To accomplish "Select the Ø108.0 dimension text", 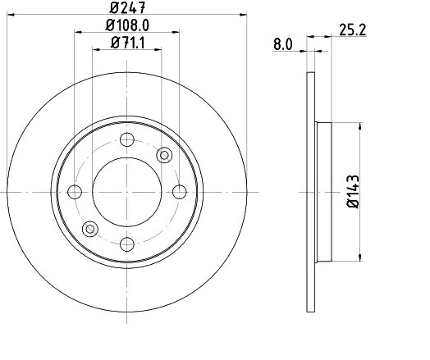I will pyautogui.click(x=126, y=27).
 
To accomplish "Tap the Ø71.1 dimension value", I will pyautogui.click(x=126, y=43).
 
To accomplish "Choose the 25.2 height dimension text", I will pyautogui.click(x=352, y=30).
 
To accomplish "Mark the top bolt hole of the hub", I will pyautogui.click(x=126, y=139).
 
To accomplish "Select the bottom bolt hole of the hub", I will pyautogui.click(x=126, y=243).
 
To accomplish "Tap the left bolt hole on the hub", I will pyautogui.click(x=75, y=191).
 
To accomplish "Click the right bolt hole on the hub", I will pyautogui.click(x=179, y=191).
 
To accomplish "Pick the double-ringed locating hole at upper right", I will pyautogui.click(x=163, y=154).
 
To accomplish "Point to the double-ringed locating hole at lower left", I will pyautogui.click(x=90, y=228).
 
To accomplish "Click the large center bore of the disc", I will pyautogui.click(x=126, y=191).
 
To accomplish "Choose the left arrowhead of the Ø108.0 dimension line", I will pyautogui.click(x=77, y=33).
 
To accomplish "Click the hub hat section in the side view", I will pyautogui.click(x=323, y=191).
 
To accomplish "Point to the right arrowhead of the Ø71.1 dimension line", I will pyautogui.click(x=158, y=49).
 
